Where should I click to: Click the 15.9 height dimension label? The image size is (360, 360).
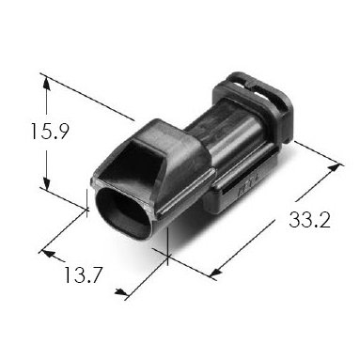tap(49, 131)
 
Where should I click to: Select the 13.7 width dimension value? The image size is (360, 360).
tap(83, 274)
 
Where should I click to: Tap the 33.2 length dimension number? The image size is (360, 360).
tap(309, 219)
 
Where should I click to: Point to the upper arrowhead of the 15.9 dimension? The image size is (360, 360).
tap(46, 83)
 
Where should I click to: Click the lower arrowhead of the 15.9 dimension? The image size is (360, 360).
tap(47, 183)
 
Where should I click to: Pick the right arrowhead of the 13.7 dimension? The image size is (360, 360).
tap(121, 292)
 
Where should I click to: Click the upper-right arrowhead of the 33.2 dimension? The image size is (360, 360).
tap(334, 167)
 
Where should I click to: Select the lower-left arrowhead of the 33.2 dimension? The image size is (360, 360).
tap(215, 273)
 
